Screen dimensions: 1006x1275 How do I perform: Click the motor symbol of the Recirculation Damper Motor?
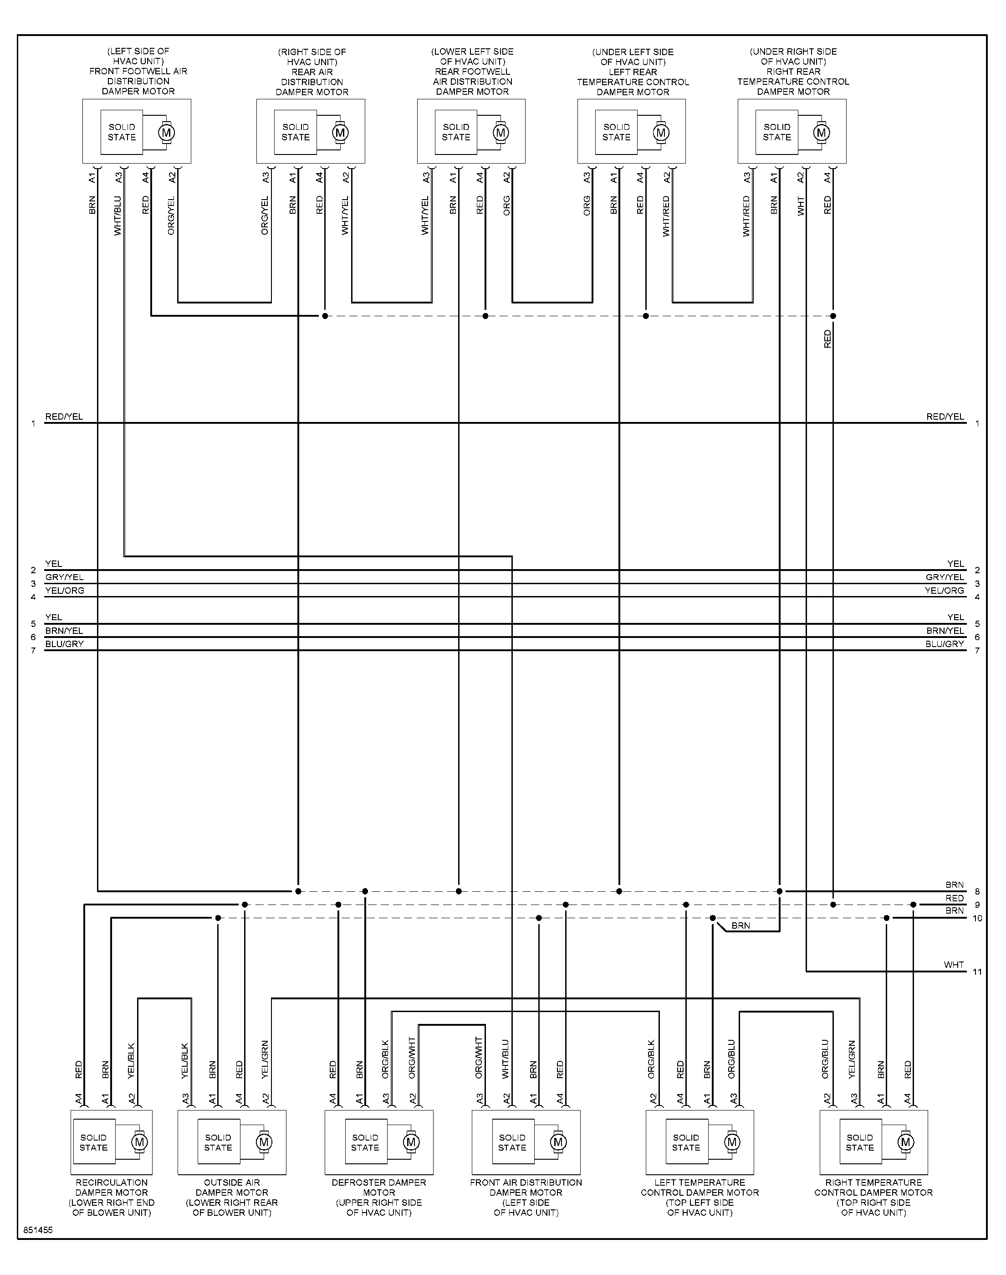(x=140, y=1142)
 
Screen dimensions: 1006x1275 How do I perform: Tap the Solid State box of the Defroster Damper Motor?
(x=365, y=1142)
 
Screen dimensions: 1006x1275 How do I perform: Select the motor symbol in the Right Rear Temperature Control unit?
(x=822, y=133)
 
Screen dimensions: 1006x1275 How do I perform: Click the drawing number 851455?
(x=38, y=1230)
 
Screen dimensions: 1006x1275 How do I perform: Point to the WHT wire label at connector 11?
(x=954, y=965)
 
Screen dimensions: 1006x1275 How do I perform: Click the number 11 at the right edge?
(x=977, y=972)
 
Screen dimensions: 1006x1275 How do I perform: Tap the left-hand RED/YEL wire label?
(x=64, y=416)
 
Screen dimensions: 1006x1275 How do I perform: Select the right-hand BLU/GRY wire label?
(x=945, y=644)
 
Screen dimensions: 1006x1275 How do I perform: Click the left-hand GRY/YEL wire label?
(x=64, y=577)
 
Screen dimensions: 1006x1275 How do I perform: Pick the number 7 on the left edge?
(x=34, y=650)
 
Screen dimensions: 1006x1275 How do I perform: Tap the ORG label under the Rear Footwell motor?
(x=506, y=206)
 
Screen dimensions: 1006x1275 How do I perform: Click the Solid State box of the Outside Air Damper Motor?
(x=218, y=1142)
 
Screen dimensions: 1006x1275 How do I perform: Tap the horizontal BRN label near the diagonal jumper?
(x=741, y=925)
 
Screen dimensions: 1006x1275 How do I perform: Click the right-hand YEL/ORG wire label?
(x=944, y=591)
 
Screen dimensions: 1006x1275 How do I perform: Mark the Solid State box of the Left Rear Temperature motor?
(x=617, y=132)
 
